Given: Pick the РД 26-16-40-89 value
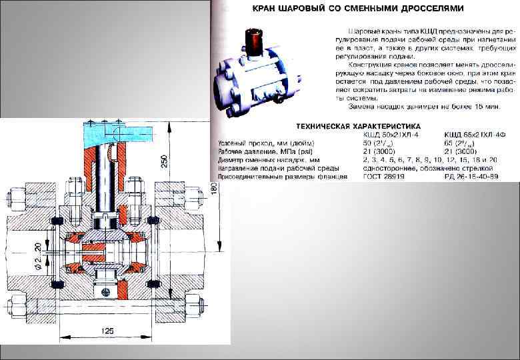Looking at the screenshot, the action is (x=470, y=178).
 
